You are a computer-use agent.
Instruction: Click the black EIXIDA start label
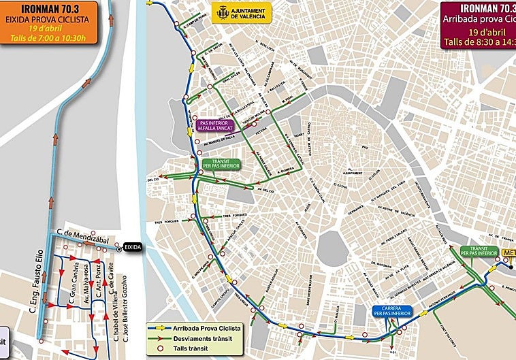click(x=133, y=247)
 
